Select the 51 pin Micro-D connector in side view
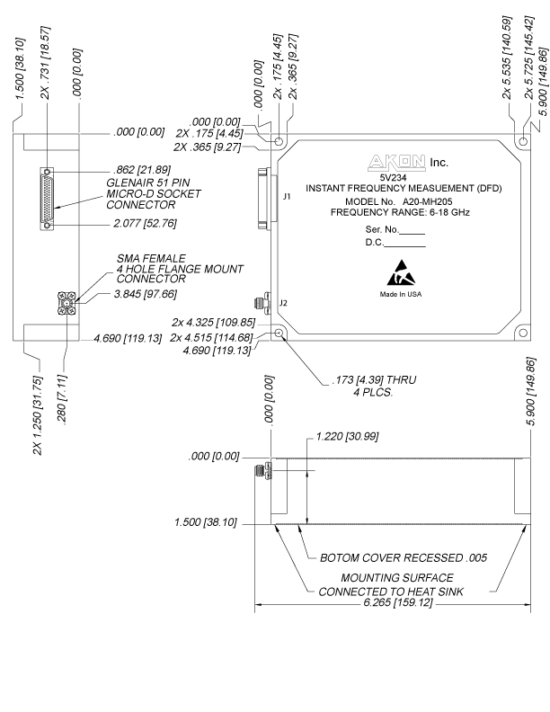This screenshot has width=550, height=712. [x=47, y=200]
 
